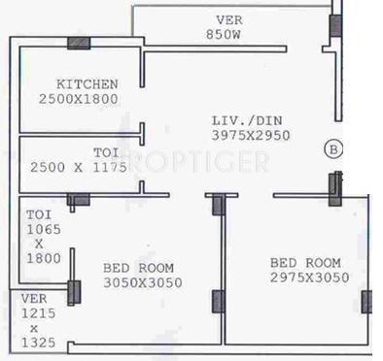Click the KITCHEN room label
point(87,85)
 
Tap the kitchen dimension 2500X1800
point(80,100)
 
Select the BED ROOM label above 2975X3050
point(305,262)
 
